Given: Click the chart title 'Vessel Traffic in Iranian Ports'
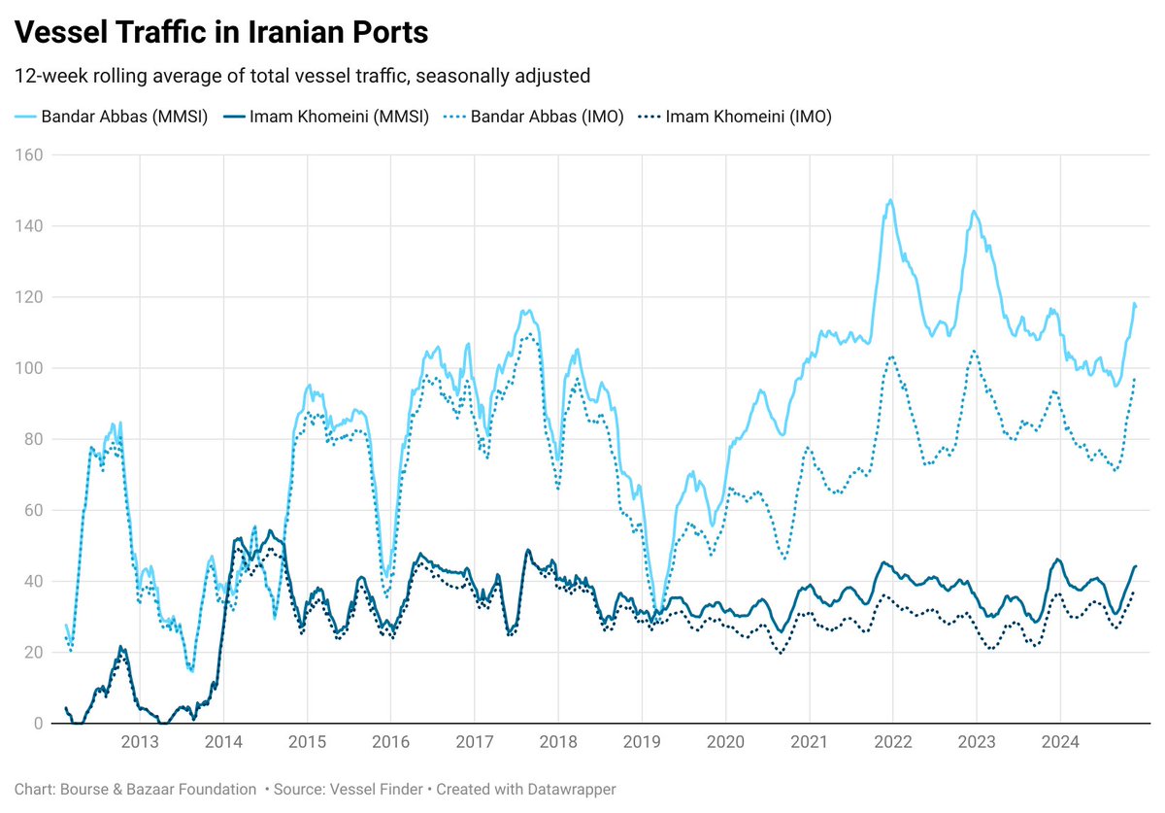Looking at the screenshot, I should [x=220, y=32].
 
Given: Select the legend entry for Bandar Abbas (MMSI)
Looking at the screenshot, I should [x=112, y=117].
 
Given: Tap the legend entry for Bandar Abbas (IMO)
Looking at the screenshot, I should [x=535, y=117].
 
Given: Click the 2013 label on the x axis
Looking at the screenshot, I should [x=140, y=743].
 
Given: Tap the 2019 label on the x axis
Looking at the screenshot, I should [x=642, y=743].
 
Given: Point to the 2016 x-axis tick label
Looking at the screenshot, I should [x=390, y=743].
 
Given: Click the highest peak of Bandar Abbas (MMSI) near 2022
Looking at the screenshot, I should [x=890, y=200].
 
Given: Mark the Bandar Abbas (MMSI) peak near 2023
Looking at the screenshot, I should [x=974, y=211].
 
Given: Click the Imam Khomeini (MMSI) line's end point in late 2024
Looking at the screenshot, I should [x=1135, y=566].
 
